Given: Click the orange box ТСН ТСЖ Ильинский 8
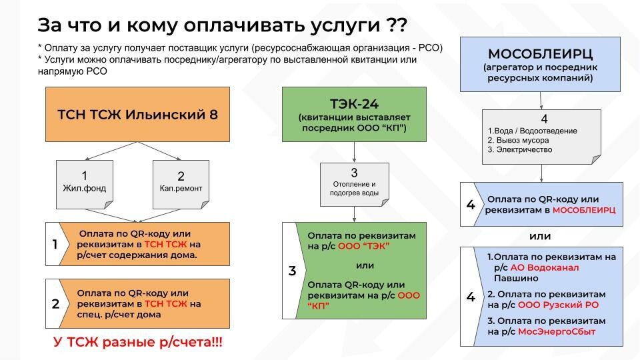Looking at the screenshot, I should pyautogui.click(x=137, y=114).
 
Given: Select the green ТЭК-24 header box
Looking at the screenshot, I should pyautogui.click(x=353, y=114).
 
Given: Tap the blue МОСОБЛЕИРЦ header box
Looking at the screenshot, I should pyautogui.click(x=541, y=63).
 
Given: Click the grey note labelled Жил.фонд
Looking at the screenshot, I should pyautogui.click(x=85, y=181).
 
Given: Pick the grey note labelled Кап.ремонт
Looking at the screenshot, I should pyautogui.click(x=181, y=181).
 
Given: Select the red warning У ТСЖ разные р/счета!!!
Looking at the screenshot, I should pyautogui.click(x=138, y=343).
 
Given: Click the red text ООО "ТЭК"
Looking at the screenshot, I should pyautogui.click(x=365, y=247).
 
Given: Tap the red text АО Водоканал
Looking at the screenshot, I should pyautogui.click(x=546, y=267).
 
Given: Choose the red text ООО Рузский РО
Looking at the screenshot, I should pyautogui.click(x=565, y=305).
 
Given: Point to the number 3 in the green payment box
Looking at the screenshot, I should pyautogui.click(x=292, y=271).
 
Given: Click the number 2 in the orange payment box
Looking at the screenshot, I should pyautogui.click(x=56, y=304).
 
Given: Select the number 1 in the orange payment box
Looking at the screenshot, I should pyautogui.click(x=56, y=245).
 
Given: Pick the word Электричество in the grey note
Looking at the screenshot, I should pyautogui.click(x=521, y=150).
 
